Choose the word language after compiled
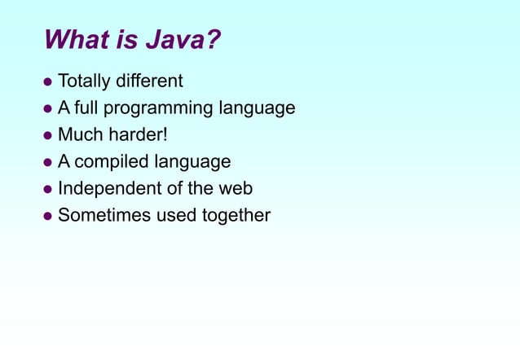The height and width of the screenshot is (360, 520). [x=192, y=162]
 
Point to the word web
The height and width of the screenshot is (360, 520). [x=235, y=189]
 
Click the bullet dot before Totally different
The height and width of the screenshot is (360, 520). [x=48, y=82]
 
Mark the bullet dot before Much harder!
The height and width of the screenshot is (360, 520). [x=48, y=136]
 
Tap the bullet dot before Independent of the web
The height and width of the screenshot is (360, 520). [x=48, y=190]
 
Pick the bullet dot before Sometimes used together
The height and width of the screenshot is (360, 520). [x=48, y=217]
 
